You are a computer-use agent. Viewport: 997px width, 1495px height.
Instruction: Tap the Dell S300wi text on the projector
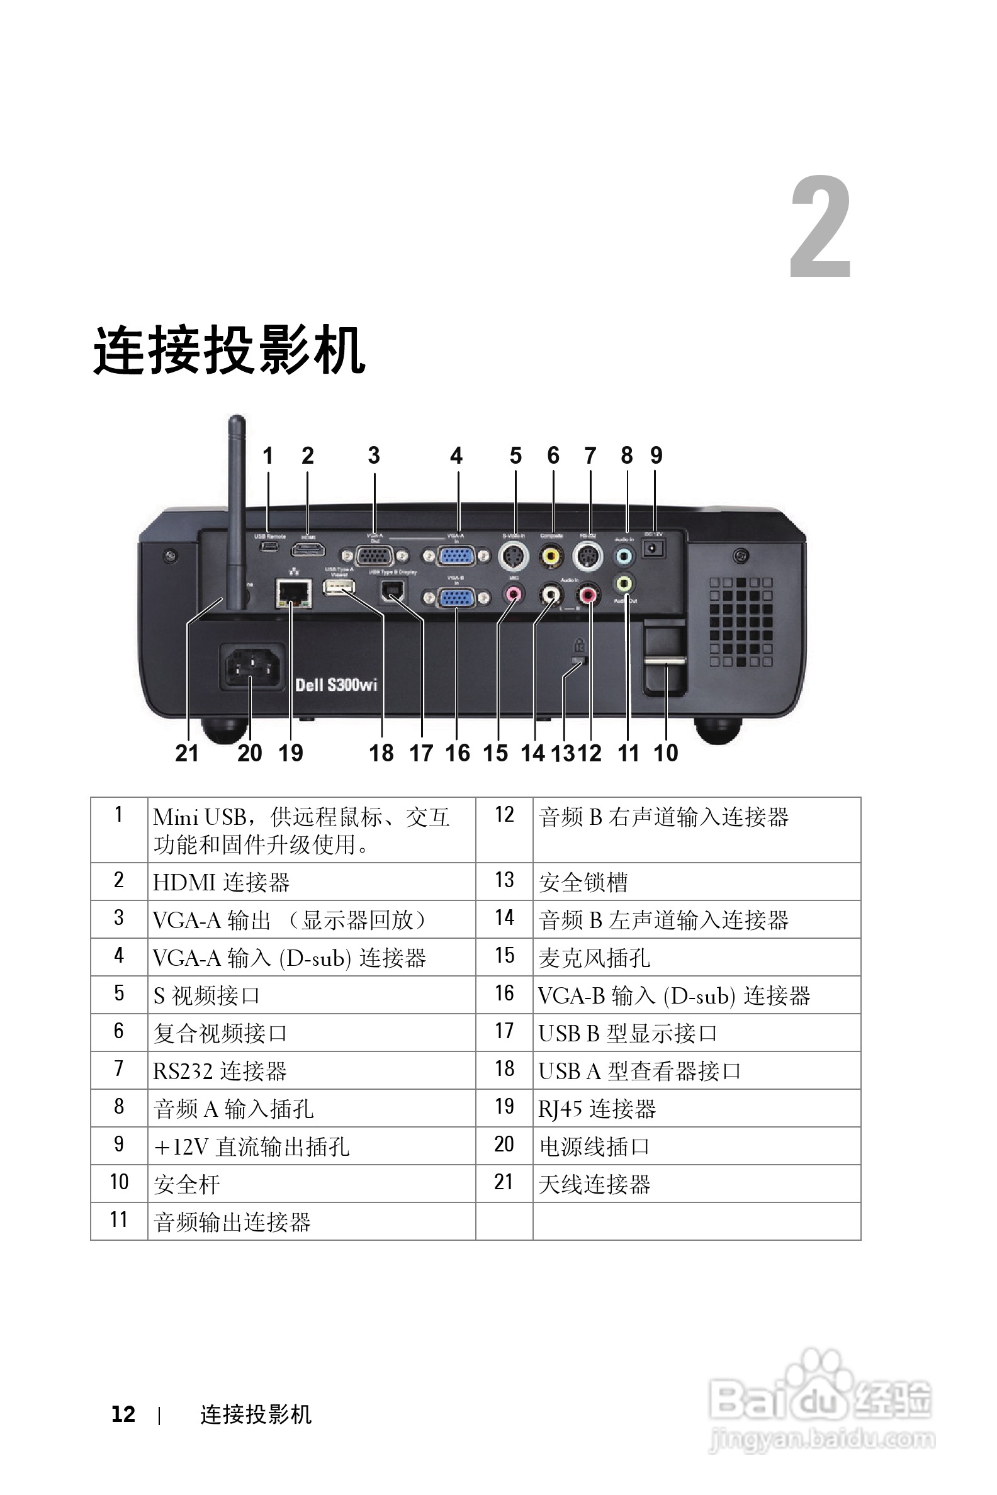[336, 685]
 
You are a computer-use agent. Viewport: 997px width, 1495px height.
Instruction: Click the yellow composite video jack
[551, 557]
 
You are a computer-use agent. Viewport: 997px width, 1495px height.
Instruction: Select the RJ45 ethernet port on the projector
[293, 594]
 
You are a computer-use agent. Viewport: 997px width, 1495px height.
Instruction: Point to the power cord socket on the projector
[252, 667]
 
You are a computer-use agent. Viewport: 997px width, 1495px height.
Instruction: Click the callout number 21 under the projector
[187, 753]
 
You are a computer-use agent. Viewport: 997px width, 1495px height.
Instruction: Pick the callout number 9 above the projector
[656, 455]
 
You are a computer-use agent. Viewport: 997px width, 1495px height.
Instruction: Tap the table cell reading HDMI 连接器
[222, 882]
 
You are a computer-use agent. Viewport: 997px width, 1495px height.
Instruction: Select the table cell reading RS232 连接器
[220, 1071]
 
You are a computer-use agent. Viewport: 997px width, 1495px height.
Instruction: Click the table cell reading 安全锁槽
[583, 882]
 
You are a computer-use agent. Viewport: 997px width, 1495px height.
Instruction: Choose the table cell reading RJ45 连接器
[597, 1109]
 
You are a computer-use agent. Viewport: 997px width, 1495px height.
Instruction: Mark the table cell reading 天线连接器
[595, 1184]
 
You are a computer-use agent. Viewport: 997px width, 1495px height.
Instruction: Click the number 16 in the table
[504, 994]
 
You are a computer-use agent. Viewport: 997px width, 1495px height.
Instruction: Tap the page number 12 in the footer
[123, 1414]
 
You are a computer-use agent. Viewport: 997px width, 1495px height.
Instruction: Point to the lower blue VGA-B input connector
[456, 598]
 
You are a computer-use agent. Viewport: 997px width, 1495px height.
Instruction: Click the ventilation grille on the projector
[741, 622]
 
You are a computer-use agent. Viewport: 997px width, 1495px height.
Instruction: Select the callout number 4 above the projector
[456, 455]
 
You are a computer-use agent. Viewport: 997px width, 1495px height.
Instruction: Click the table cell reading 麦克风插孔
[595, 958]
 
